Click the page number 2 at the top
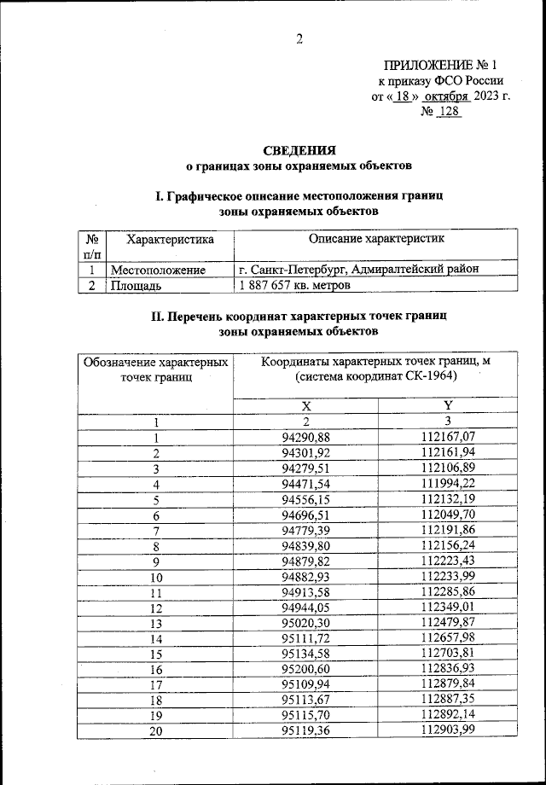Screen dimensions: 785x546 pos(299,37)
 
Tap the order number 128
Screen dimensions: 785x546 pos(449,112)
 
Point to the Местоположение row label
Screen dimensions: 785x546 pos(159,270)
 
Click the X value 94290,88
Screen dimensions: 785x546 pos(305,438)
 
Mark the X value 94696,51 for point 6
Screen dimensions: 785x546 pos(305,515)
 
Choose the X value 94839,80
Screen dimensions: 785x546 pos(305,546)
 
